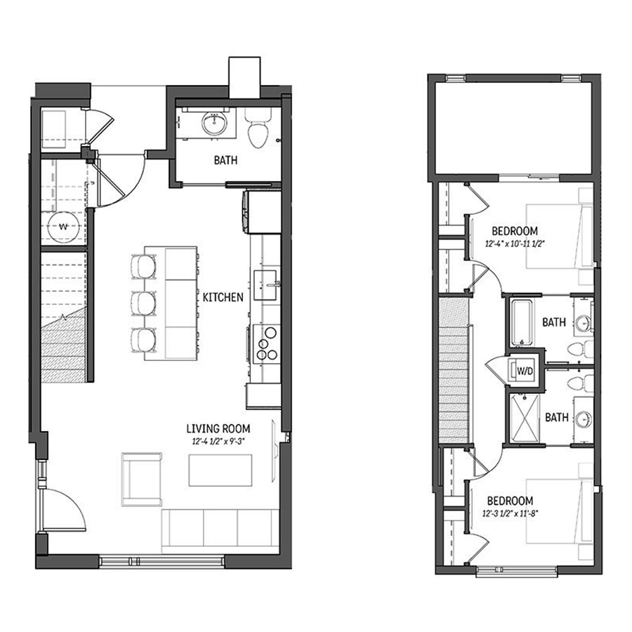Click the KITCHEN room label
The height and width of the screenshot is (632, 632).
coord(223,298)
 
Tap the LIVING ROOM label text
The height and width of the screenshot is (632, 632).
coord(218,428)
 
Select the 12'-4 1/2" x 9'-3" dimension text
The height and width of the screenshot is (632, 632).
coord(218,442)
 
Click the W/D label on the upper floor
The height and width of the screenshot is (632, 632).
coord(525,371)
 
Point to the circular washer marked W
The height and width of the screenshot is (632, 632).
coord(63,227)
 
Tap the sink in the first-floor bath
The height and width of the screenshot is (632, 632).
coord(214,123)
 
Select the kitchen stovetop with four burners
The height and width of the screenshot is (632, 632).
coord(266,344)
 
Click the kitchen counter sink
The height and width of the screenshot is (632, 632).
coord(265,285)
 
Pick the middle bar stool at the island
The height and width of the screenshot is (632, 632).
coord(143,303)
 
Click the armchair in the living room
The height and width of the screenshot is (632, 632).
coord(141,479)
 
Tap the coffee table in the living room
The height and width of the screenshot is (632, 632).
coord(220,470)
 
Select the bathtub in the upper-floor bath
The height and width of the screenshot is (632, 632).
coord(522,322)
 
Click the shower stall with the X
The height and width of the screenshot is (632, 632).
coord(525,419)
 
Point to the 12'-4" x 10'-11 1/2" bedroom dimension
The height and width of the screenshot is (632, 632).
coord(515,244)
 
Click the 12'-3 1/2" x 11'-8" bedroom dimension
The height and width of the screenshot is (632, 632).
coord(511,513)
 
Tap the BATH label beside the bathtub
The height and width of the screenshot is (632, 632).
coord(554,322)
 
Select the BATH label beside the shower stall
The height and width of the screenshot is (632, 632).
coord(557,417)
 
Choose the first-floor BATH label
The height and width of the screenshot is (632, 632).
coord(225,160)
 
